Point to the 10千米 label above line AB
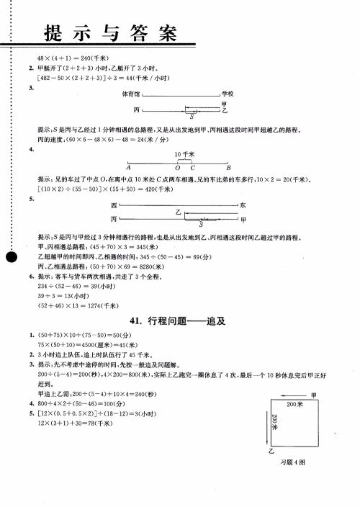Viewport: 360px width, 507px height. (183, 155)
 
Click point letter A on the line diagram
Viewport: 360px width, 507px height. (128, 168)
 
